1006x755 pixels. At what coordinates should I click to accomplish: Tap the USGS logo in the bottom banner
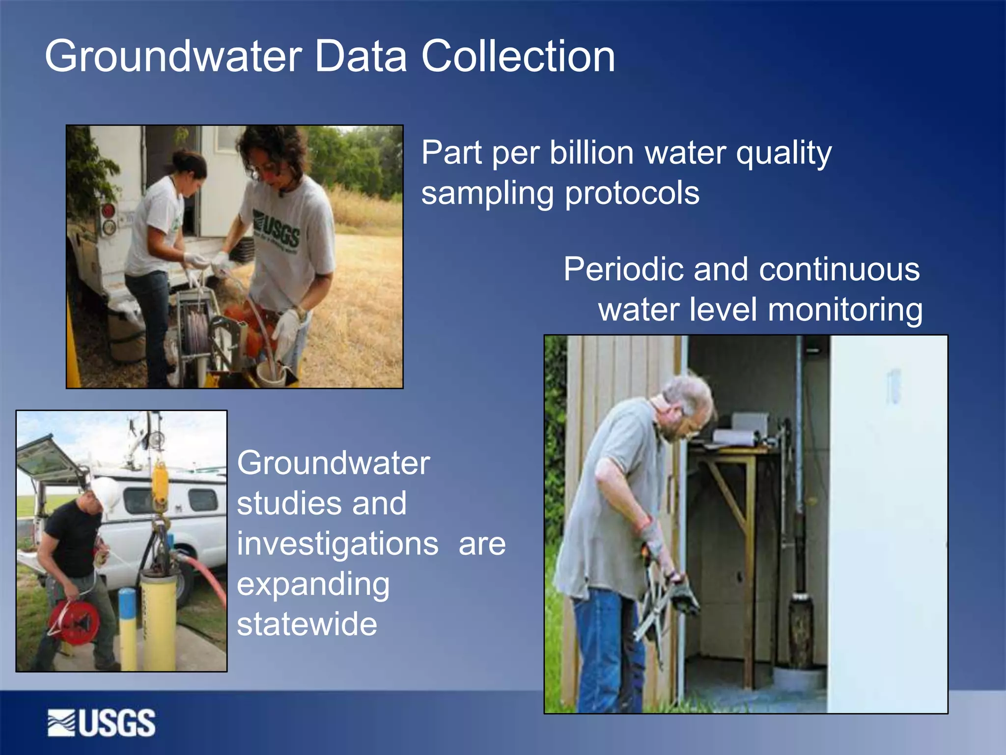(102, 723)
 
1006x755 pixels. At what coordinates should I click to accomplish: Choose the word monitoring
(845, 310)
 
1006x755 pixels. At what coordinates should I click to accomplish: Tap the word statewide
(307, 624)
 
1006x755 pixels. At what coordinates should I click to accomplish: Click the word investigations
(337, 544)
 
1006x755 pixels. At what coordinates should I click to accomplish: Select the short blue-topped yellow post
(128, 627)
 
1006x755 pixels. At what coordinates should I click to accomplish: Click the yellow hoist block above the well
(160, 484)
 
